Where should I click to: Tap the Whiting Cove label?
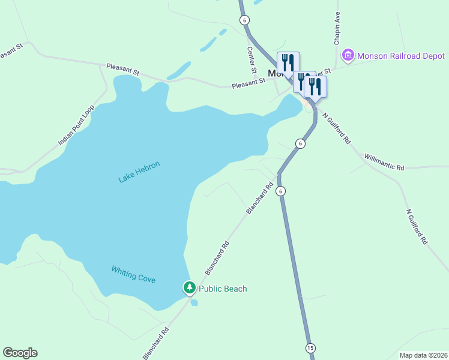(133, 275)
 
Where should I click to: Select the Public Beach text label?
(223, 289)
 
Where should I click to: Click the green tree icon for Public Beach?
(190, 289)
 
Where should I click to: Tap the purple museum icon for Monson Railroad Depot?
(347, 56)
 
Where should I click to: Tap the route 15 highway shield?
(310, 348)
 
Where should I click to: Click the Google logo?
(20, 353)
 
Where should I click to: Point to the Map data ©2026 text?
(423, 355)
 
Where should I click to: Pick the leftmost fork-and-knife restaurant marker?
(288, 62)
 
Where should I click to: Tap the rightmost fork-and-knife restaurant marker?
(315, 86)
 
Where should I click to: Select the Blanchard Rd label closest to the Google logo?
(156, 343)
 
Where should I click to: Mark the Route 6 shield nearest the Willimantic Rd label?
(300, 143)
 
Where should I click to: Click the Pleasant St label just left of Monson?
(249, 84)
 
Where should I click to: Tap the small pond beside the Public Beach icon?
(194, 302)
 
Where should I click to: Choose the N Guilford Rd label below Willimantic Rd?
(417, 226)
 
